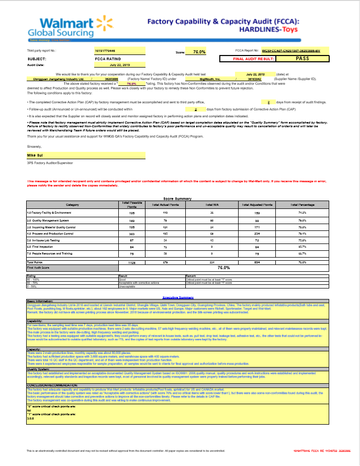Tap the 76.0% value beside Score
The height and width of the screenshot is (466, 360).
[x=199, y=52]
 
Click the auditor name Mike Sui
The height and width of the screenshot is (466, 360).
[x=36, y=156]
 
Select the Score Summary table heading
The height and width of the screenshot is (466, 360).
[x=178, y=198]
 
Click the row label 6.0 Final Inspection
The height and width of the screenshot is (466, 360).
[x=40, y=246]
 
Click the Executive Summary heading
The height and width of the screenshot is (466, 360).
[x=178, y=297]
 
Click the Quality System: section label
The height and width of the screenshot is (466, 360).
[x=38, y=369]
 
